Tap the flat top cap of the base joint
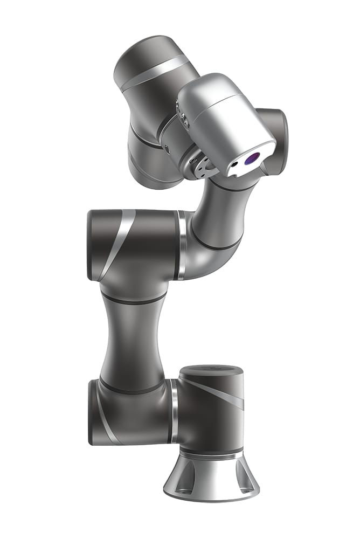coord(211,371)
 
